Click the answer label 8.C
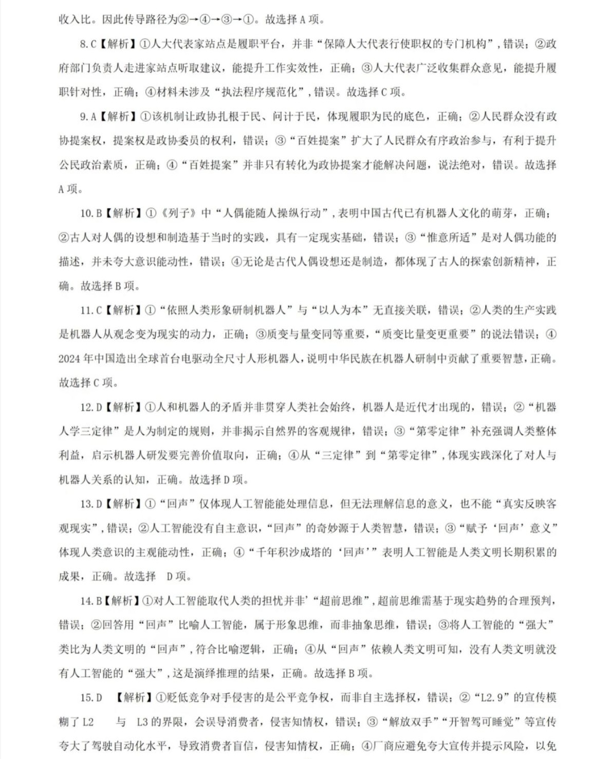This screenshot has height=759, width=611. coord(88,44)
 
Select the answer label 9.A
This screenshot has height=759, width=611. coord(88,117)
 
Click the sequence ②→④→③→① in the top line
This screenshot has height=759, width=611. coord(216,20)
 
